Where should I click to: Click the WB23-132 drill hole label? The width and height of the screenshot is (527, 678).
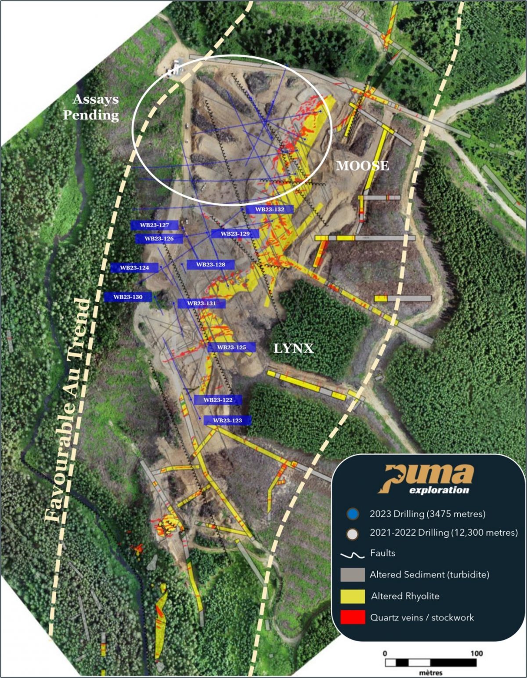coord(269,210)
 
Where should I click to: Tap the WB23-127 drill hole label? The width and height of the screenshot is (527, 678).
coord(155,225)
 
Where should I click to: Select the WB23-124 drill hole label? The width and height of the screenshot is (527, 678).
coord(134,268)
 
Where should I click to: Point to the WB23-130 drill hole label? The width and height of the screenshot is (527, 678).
coord(128,297)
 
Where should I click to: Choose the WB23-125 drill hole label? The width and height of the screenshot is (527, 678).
coord(231,348)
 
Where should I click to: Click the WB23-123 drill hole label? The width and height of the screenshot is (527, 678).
coord(227,421)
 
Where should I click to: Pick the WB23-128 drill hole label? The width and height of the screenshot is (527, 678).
coord(210,265)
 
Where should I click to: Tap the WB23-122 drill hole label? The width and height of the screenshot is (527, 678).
coord(218,400)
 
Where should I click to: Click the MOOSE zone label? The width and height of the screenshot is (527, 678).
coord(362,166)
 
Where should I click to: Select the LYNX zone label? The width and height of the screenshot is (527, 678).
coord(294,349)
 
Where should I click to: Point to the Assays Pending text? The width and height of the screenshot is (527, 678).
coord(91,107)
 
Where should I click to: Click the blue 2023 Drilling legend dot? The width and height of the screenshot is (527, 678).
coord(353,513)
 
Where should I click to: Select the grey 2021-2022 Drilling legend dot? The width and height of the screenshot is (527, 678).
coord(353,533)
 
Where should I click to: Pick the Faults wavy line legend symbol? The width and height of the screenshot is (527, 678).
coord(353,555)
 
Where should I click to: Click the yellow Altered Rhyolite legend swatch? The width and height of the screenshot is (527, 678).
coord(352,596)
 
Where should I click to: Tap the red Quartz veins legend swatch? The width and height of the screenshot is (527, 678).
coord(352,617)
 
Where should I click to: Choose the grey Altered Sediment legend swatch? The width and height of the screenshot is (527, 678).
coord(352,575)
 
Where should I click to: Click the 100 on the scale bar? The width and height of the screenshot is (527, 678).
coord(476,653)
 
